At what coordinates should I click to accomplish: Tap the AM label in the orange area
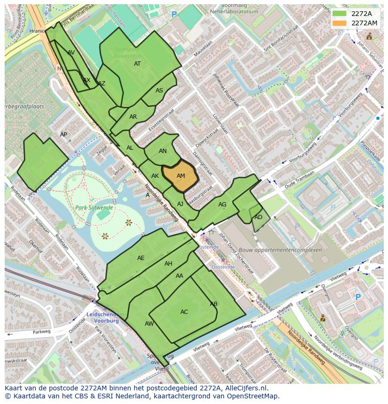tap(181, 176)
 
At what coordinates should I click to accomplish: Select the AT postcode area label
tap(137, 64)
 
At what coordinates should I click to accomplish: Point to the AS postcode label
tap(159, 91)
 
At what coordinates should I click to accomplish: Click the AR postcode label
tap(133, 117)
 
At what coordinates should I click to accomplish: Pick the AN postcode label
tap(163, 151)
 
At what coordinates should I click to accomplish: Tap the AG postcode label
tap(222, 205)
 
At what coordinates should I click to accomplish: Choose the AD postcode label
tap(258, 217)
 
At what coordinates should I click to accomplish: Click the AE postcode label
tap(141, 258)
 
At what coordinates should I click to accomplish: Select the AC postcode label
tap(184, 312)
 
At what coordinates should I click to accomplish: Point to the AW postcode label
tap(149, 324)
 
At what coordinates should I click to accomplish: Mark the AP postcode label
tap(64, 135)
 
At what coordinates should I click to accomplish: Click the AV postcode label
tap(71, 53)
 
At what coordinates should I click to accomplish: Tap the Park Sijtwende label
tap(94, 207)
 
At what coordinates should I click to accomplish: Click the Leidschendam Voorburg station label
tap(103, 317)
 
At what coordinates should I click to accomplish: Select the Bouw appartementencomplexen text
tap(280, 250)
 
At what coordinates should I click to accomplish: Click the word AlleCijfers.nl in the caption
tap(244, 388)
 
